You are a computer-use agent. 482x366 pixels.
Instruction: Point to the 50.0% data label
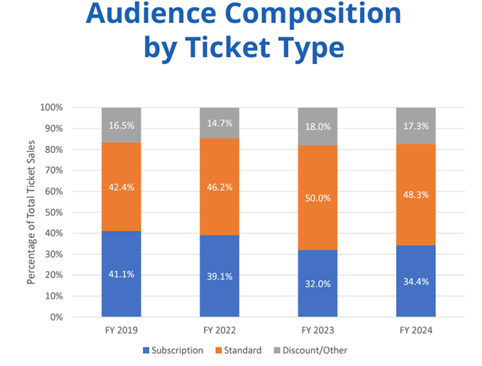point(317,198)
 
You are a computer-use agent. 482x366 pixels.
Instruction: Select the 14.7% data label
point(219,123)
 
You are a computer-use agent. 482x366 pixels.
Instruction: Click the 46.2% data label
point(219,187)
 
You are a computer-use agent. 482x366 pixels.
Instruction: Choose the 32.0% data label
point(317,283)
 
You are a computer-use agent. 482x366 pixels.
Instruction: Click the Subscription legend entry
point(174,350)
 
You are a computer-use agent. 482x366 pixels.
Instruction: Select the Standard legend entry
point(237,350)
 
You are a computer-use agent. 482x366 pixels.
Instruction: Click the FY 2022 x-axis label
point(219,330)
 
